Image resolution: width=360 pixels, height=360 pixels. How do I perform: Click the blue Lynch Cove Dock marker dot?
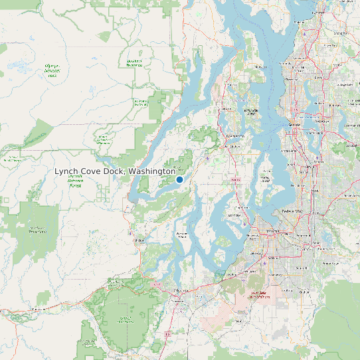click(179, 179)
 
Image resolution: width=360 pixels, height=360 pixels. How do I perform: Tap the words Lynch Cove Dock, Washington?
click(115, 171)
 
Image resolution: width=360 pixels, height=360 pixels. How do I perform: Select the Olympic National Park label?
click(52, 71)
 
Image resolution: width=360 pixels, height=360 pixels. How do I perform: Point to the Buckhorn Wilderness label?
click(134, 63)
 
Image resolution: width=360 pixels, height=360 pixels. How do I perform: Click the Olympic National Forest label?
click(76, 181)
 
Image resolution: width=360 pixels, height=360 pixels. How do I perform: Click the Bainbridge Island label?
click(251, 111)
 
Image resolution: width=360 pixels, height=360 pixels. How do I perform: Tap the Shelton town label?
click(139, 240)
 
